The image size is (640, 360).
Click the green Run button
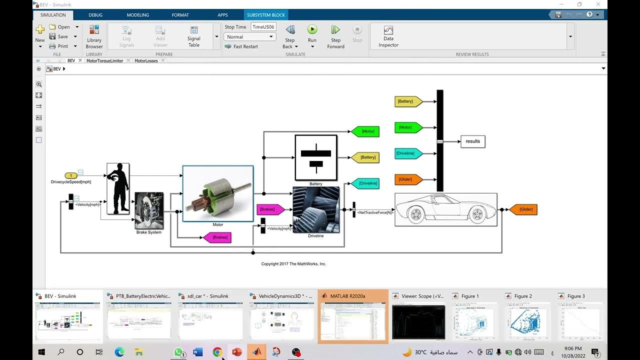tap(312, 30)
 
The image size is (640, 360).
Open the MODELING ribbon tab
tap(138, 15)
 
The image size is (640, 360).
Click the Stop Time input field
tap(263, 27)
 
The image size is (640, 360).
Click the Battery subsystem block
tap(316, 157)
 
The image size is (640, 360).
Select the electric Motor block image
tap(218, 193)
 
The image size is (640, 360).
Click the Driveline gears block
tap(316, 209)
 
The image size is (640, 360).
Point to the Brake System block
tap(149, 210)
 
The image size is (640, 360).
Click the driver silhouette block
tap(118, 188)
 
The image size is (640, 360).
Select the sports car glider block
tap(446, 209)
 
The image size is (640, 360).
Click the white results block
tap(472, 141)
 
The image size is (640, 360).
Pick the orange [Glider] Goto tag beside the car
tap(523, 209)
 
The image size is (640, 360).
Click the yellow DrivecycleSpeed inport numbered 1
tap(71, 175)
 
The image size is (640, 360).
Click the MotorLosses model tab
tap(146, 61)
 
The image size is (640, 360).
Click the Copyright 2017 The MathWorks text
tap(293, 264)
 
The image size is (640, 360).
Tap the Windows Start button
tap(41, 352)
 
